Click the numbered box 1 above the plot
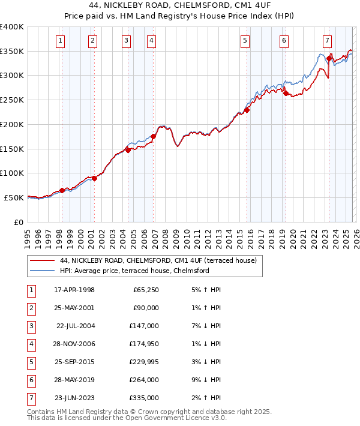pos(61,41)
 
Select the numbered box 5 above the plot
pos(246,41)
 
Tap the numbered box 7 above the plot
pos(327,41)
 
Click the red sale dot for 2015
pos(247,110)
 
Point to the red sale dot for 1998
pos(62,190)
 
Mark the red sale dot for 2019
pos(286,93)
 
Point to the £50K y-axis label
pos(14,197)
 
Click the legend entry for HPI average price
pos(134,271)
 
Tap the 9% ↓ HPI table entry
pos(203,380)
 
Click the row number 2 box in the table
pos(31,308)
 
